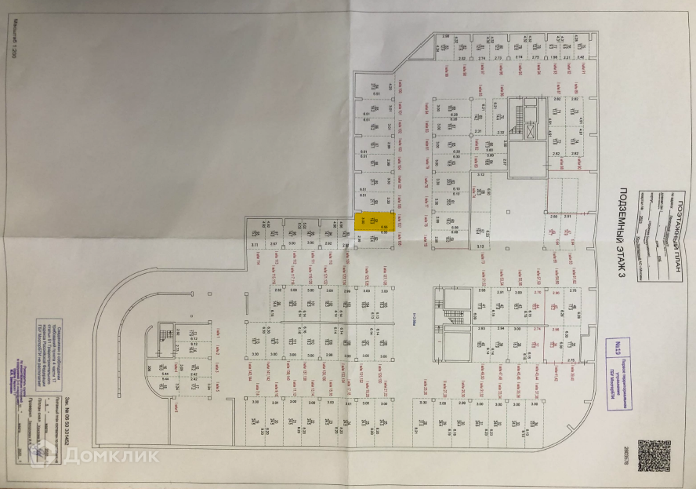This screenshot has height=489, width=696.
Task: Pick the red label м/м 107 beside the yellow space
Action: pyautogui.click(x=399, y=226)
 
